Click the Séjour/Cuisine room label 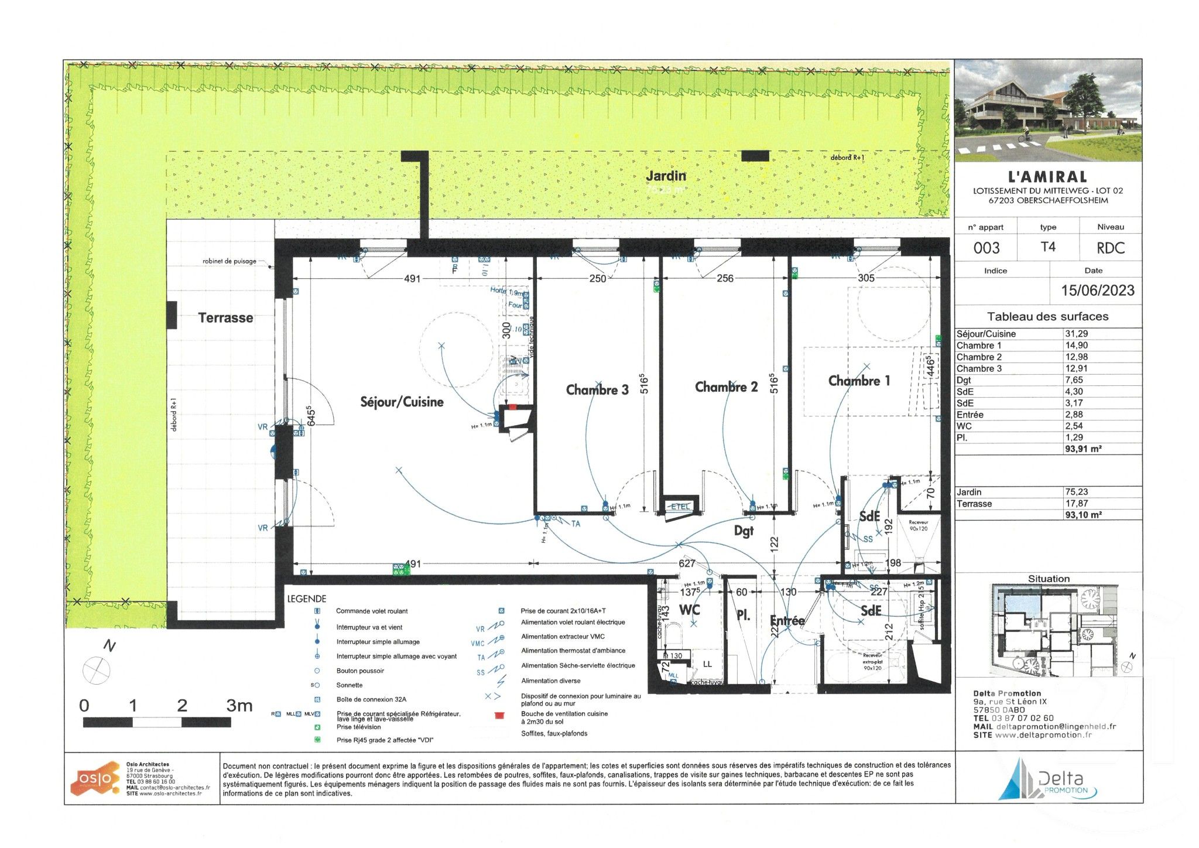pyautogui.click(x=402, y=402)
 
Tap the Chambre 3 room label pyautogui.click(x=597, y=390)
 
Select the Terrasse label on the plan pyautogui.click(x=225, y=318)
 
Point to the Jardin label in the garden pyautogui.click(x=666, y=176)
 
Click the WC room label pyautogui.click(x=689, y=610)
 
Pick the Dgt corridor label pyautogui.click(x=744, y=531)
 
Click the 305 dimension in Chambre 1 pyautogui.click(x=866, y=278)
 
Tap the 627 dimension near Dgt pyautogui.click(x=686, y=563)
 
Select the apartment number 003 pyautogui.click(x=986, y=248)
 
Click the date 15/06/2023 pyautogui.click(x=1098, y=290)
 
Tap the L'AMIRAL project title pyautogui.click(x=1047, y=177)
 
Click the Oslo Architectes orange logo pyautogui.click(x=94, y=778)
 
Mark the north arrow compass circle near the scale pyautogui.click(x=96, y=670)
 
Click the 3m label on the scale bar pyautogui.click(x=239, y=706)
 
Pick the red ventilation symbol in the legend pyautogui.click(x=499, y=716)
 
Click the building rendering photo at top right pyautogui.click(x=1048, y=110)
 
